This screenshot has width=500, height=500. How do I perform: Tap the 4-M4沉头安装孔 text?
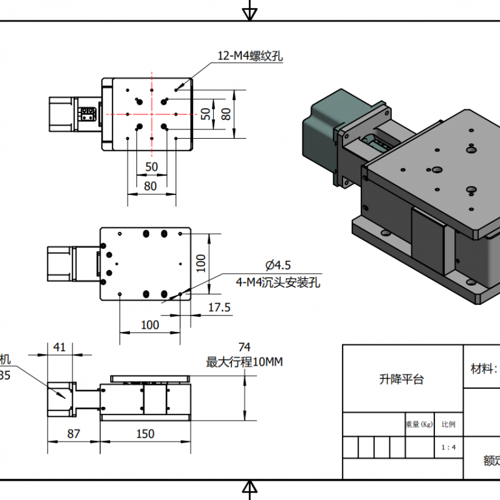click(x=277, y=282)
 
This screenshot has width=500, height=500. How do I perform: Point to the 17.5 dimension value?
click(x=219, y=307)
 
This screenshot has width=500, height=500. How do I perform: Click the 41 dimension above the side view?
click(x=60, y=347)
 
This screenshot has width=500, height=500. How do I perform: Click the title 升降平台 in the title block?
click(x=401, y=379)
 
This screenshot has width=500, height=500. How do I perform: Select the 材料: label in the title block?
click(x=484, y=368)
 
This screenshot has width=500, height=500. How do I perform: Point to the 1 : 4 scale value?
click(x=448, y=447)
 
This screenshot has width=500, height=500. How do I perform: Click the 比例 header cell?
click(x=448, y=424)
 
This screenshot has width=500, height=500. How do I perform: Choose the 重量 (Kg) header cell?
click(x=419, y=424)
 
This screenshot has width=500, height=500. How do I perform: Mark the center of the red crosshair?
click(x=151, y=114)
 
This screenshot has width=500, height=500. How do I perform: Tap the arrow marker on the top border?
click(x=249, y=11)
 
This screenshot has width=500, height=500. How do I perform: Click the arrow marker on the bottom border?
click(x=249, y=489)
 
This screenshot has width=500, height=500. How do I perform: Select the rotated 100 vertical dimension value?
click(x=200, y=262)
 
